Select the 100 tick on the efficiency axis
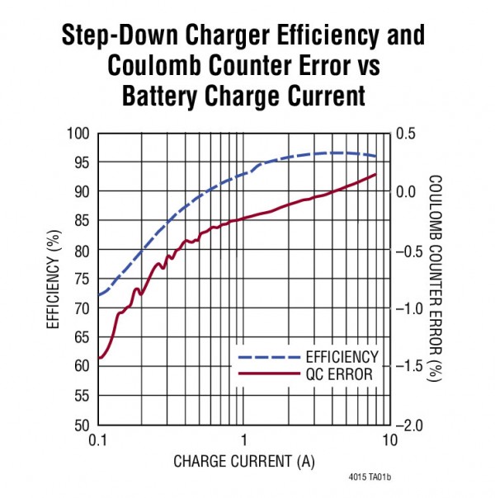tap(78, 133)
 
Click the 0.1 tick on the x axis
tap(98, 441)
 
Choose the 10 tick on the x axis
tap(390, 441)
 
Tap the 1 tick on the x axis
tap(244, 441)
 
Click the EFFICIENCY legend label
tap(342, 357)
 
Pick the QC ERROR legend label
tap(337, 374)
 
